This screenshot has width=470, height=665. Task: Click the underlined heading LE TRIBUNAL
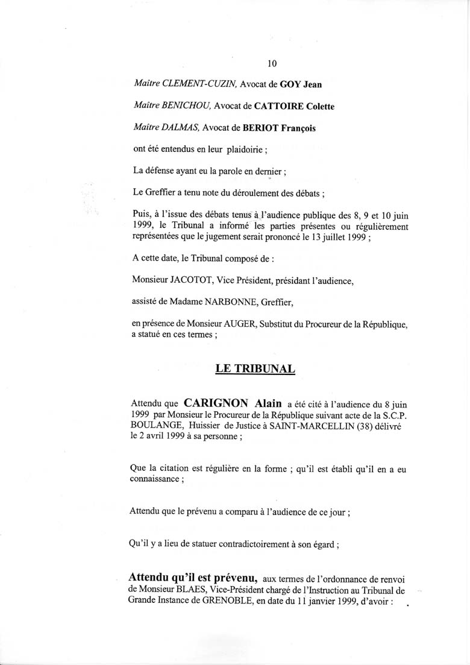tap(255, 369)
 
